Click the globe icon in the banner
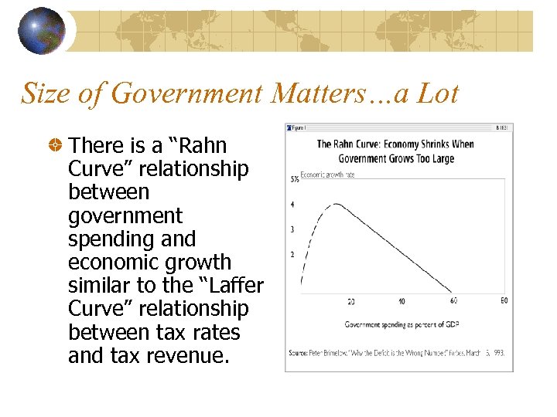coord(42,31)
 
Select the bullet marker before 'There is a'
coord(55,145)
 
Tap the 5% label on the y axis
coord(295,179)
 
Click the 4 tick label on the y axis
coord(292,205)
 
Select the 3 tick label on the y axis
coord(292,229)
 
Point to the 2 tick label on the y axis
coord(292,254)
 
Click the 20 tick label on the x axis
coord(351,300)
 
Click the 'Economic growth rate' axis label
coord(327,175)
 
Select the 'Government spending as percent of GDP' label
coord(398,324)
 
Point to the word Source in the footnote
coord(299,352)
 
